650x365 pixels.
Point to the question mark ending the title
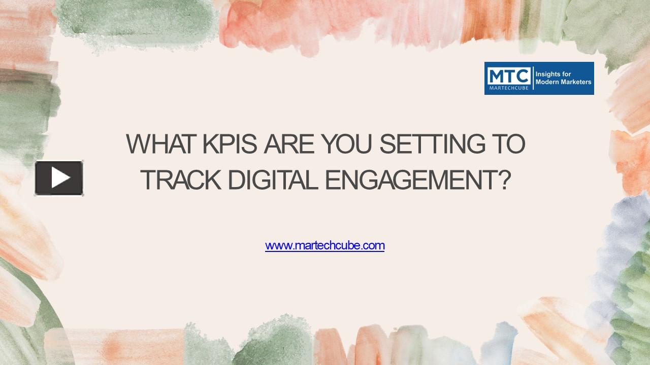(503, 180)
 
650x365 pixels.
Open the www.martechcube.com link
(324, 246)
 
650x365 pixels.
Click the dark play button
(59, 178)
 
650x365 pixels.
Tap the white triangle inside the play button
(60, 178)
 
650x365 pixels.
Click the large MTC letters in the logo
(508, 76)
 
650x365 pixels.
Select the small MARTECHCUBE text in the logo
(508, 88)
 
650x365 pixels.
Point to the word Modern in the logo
(546, 82)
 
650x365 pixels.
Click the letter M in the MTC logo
(495, 76)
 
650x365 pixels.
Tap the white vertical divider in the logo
(533, 78)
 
